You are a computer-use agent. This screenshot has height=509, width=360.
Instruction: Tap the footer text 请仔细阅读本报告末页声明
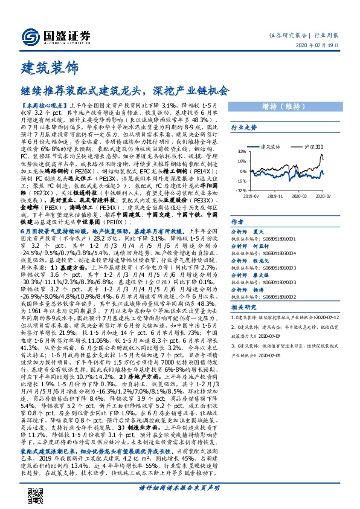[x=179, y=487]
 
